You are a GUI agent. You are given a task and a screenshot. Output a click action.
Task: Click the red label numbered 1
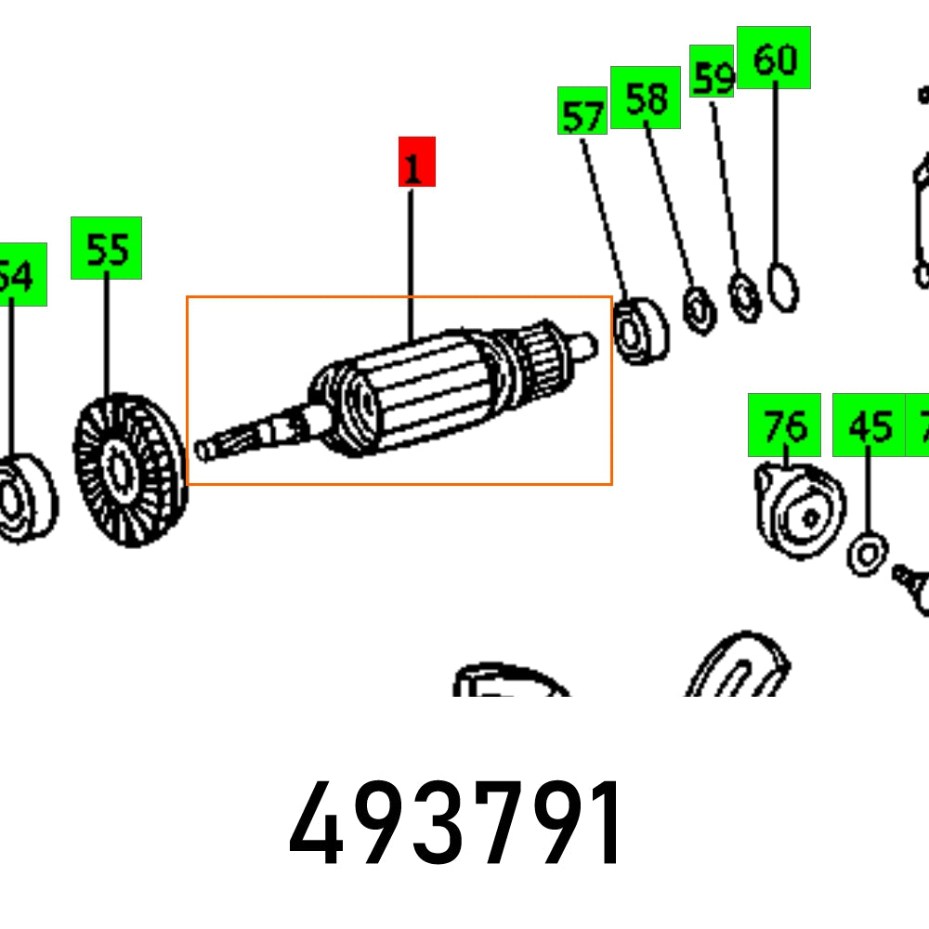[x=416, y=162]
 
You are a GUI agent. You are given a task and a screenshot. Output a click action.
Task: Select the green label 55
[x=106, y=248]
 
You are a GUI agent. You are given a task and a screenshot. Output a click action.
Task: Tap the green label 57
[x=582, y=111]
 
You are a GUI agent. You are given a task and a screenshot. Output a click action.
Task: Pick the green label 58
[x=645, y=98]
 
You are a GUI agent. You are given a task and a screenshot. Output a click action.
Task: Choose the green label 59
[x=713, y=71]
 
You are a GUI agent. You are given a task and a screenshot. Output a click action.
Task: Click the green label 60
[x=773, y=58]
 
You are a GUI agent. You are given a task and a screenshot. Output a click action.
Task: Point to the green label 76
[x=784, y=425]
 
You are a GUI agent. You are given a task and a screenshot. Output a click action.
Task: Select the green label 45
[x=869, y=425]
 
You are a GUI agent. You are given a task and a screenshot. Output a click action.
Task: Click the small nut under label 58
[x=698, y=308]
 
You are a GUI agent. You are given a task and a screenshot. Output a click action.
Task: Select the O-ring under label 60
[x=783, y=288]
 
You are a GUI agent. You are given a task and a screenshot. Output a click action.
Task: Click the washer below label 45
[x=866, y=556]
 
